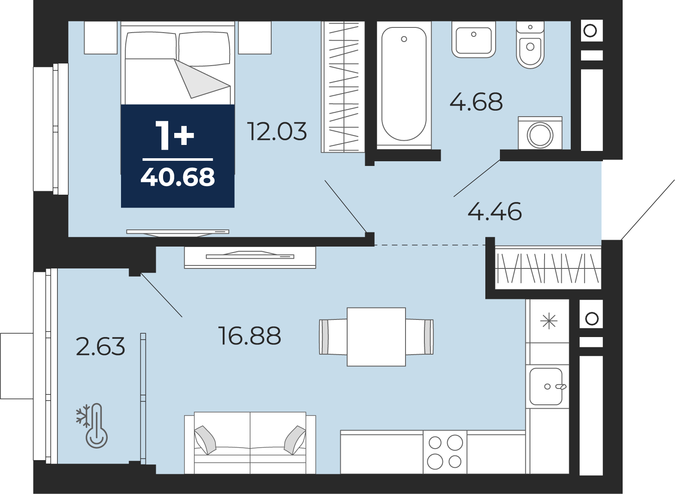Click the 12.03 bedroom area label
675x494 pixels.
(277, 131)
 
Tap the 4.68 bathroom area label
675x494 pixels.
(476, 102)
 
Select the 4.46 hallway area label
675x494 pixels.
(494, 211)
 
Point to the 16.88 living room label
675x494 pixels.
(250, 336)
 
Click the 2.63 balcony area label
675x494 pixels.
(100, 346)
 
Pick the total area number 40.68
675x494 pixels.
(178, 177)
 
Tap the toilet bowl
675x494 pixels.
(530, 45)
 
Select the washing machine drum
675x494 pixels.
(540, 135)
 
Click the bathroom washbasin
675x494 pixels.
(474, 40)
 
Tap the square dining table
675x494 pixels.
(376, 337)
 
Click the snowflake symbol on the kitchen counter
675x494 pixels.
(549, 321)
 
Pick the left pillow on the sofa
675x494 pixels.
(206, 440)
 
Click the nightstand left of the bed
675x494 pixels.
(101, 38)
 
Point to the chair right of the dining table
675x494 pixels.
(420, 337)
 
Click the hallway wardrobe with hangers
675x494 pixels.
(548, 268)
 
